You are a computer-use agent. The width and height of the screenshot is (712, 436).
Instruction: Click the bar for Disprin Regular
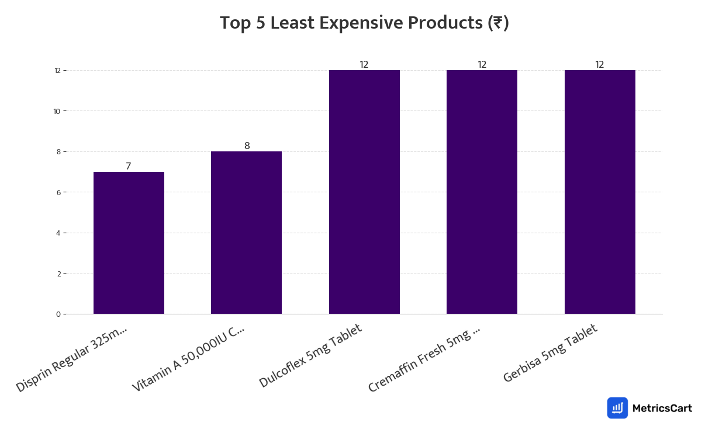[129, 243]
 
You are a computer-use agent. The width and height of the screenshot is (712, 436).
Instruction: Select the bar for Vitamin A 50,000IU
[246, 233]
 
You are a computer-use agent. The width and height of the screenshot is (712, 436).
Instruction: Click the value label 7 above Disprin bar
[129, 167]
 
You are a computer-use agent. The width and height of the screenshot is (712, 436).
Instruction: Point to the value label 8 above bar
[247, 146]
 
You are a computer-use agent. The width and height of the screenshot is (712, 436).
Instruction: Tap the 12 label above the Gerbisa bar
[600, 65]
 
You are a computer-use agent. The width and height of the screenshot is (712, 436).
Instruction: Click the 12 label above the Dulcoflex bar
[364, 65]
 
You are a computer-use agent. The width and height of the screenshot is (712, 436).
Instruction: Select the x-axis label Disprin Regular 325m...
[71, 358]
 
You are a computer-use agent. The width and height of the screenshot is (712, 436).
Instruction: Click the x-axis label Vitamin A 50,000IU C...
[188, 358]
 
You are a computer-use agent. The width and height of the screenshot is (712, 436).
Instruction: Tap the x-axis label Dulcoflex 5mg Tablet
[310, 355]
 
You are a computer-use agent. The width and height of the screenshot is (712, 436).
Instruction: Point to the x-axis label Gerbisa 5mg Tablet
[551, 354]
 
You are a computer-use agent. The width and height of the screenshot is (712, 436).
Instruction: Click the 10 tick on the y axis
[57, 111]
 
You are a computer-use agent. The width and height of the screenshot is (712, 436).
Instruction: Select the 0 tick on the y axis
[58, 314]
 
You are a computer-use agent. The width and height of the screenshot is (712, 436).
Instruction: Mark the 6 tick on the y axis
[58, 192]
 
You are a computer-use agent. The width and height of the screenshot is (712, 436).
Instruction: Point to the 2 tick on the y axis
[58, 274]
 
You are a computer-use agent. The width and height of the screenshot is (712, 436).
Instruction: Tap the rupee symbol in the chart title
[498, 23]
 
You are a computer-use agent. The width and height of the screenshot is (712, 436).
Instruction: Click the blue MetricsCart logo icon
[617, 408]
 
